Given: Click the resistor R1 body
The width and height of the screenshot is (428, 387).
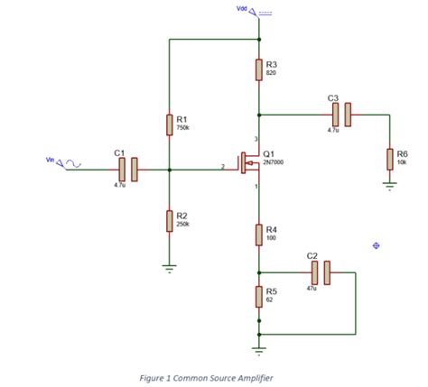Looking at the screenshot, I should click(169, 124).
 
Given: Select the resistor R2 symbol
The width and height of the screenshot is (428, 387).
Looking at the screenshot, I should click(169, 220).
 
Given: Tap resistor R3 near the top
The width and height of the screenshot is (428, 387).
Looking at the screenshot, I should click(259, 69).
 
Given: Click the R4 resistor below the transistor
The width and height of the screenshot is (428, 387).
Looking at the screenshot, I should click(259, 235).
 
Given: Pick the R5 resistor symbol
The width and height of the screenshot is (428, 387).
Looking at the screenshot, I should click(259, 296).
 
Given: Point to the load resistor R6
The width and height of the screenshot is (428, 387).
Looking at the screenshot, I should click(389, 159).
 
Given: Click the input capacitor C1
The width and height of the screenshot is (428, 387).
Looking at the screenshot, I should click(127, 169).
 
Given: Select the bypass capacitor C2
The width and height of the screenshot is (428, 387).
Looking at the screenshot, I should click(321, 272).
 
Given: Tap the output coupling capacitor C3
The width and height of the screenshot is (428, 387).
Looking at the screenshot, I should click(340, 114).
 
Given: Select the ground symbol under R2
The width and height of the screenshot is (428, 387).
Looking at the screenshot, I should click(169, 267).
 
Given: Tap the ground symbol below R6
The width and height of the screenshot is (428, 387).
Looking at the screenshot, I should click(389, 189).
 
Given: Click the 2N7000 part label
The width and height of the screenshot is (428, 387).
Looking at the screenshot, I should click(274, 163).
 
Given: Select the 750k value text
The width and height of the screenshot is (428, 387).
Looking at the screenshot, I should click(182, 128).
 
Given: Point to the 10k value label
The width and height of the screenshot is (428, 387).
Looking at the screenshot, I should click(402, 162).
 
